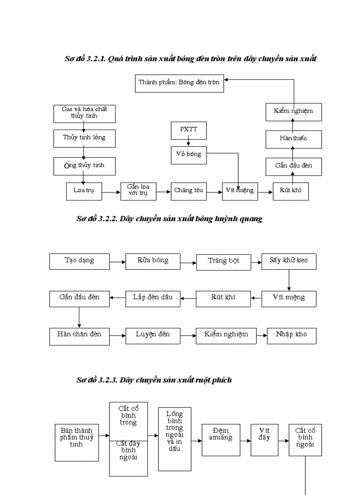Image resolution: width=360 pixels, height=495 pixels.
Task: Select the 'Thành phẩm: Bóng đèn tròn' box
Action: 179,83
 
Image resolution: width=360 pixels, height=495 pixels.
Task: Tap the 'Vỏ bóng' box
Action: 189,154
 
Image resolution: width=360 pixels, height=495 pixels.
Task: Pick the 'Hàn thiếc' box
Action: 293,139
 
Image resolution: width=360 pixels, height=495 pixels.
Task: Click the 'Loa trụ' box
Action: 84,191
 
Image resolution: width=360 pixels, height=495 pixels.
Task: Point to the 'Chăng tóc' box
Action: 189,191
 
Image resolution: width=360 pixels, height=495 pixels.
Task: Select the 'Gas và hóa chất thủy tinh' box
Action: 84,113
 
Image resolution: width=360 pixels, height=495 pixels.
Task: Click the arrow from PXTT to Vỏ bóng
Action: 189,142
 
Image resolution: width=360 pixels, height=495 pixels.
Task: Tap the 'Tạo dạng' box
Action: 79,261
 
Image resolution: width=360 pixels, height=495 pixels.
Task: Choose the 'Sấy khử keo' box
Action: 289,261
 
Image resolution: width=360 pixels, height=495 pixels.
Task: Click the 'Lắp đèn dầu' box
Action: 153,298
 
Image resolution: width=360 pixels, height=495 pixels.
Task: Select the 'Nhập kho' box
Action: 292,335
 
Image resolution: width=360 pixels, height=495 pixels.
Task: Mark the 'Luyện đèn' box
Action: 153,335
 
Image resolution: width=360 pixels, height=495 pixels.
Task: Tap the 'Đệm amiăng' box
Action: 221,439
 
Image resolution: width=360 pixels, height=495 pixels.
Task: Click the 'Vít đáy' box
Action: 264,439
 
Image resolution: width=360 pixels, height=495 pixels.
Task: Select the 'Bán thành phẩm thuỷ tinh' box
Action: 77,443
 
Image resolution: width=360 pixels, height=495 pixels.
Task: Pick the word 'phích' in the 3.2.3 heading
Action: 221,380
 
